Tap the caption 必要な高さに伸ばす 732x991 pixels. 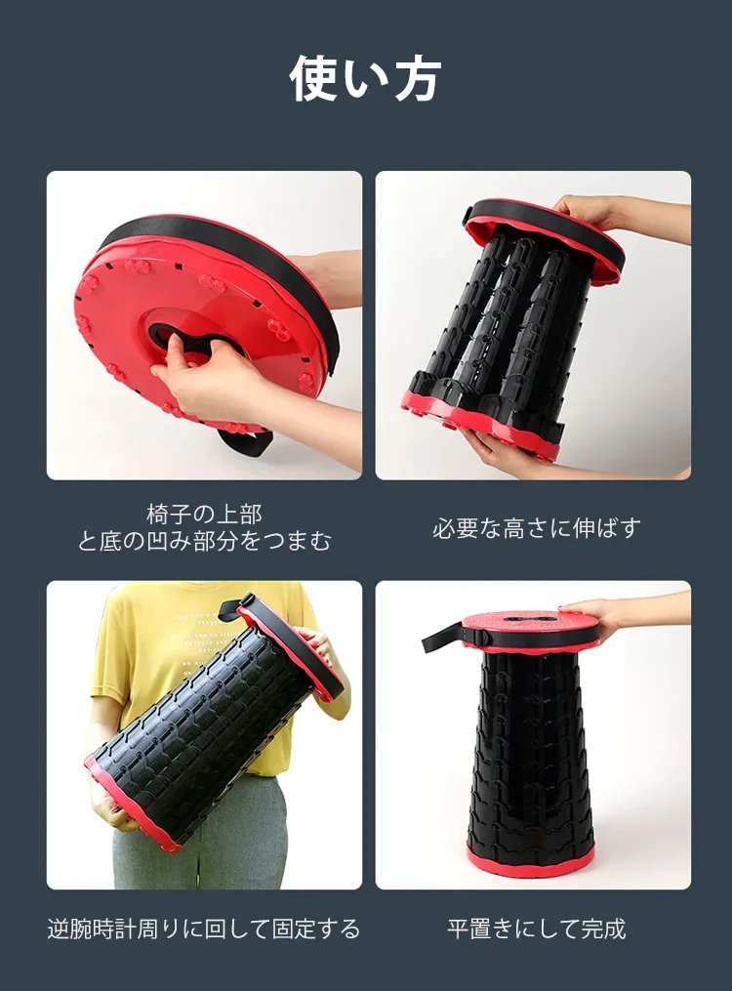pyautogui.click(x=536, y=528)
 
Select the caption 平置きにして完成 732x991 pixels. pyautogui.click(x=536, y=929)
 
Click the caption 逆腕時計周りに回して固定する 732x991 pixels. pyautogui.click(x=204, y=929)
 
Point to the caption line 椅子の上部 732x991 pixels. pyautogui.click(x=204, y=515)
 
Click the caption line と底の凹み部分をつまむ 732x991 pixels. pyautogui.click(x=204, y=542)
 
